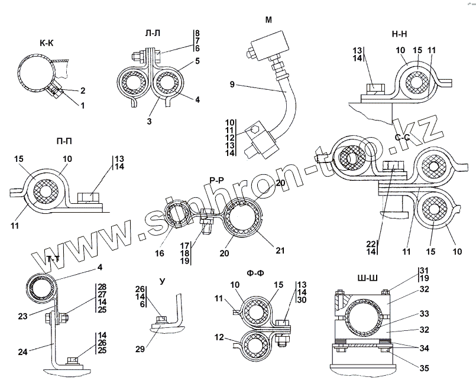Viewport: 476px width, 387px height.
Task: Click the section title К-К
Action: coord(47,43)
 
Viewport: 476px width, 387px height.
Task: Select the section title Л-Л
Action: coord(153,33)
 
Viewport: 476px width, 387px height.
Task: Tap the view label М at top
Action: coord(268,20)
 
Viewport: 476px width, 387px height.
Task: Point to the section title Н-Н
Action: coord(400,34)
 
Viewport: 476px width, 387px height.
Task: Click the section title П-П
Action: coord(64,141)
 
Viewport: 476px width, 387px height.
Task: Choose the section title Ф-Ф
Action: coord(255,274)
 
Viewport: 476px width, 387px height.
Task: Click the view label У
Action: coord(163,281)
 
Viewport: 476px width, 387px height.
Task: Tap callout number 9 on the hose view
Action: coord(232,84)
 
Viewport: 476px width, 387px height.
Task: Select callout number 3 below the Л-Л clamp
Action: coord(149,121)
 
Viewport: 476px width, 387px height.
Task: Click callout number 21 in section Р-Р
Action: coord(280,251)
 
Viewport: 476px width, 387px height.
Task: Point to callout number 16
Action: coord(160,253)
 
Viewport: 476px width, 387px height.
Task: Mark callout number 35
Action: coord(424,368)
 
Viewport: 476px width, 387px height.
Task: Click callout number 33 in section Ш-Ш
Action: coord(424,314)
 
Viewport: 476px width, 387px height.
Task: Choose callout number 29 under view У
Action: coord(140,349)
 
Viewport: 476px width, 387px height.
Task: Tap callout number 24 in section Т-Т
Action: coord(22,352)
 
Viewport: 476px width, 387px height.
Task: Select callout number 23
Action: coord(22,316)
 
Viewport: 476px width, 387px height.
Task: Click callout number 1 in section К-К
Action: coord(82,106)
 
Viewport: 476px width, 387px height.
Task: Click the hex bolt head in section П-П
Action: coord(88,198)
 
